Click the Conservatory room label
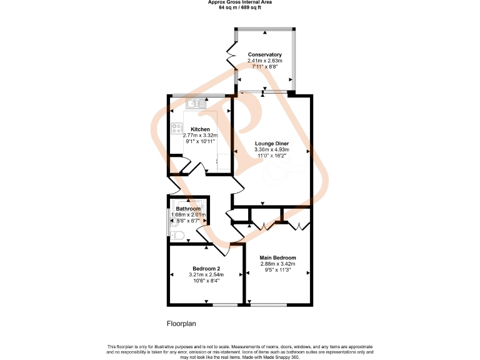click(x=264, y=54)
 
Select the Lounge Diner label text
click(x=272, y=143)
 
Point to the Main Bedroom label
click(x=278, y=257)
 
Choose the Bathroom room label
click(x=187, y=209)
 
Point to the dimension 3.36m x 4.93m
click(x=272, y=149)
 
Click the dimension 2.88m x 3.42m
click(x=278, y=264)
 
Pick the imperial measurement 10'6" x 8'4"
click(x=206, y=281)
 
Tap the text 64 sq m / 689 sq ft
click(x=240, y=7)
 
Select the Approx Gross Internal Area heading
click(x=240, y=2)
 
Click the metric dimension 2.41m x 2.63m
click(x=264, y=61)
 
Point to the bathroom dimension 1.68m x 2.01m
click(x=187, y=214)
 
